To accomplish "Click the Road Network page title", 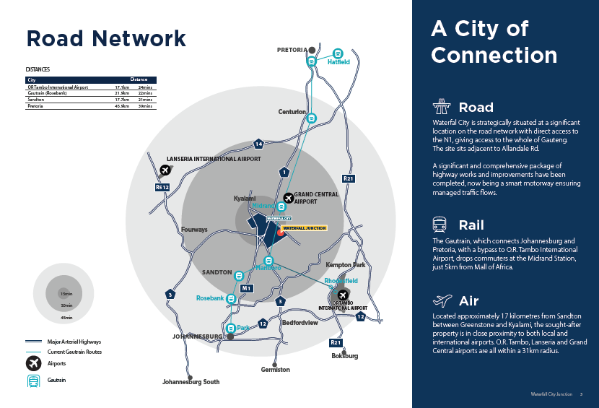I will point(106,38).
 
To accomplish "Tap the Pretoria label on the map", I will point(292,50).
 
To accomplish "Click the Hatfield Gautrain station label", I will point(338,63).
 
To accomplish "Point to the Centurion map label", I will point(292,112).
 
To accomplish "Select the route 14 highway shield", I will point(258,144).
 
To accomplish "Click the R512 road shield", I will point(162,187).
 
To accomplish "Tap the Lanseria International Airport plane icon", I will point(165,171).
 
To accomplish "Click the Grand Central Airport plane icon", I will point(289,197).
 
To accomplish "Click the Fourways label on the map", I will point(194,230).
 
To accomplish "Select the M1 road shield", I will point(246,288).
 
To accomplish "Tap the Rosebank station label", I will point(210,298).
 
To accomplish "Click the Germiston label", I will point(275,370).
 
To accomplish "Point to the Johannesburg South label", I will point(191,382).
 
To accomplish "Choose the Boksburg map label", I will point(344,356).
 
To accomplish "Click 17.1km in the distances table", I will point(121,87).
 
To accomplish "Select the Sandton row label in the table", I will point(36,100).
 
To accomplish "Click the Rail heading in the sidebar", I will point(471,225).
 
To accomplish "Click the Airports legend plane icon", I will point(33,363).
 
